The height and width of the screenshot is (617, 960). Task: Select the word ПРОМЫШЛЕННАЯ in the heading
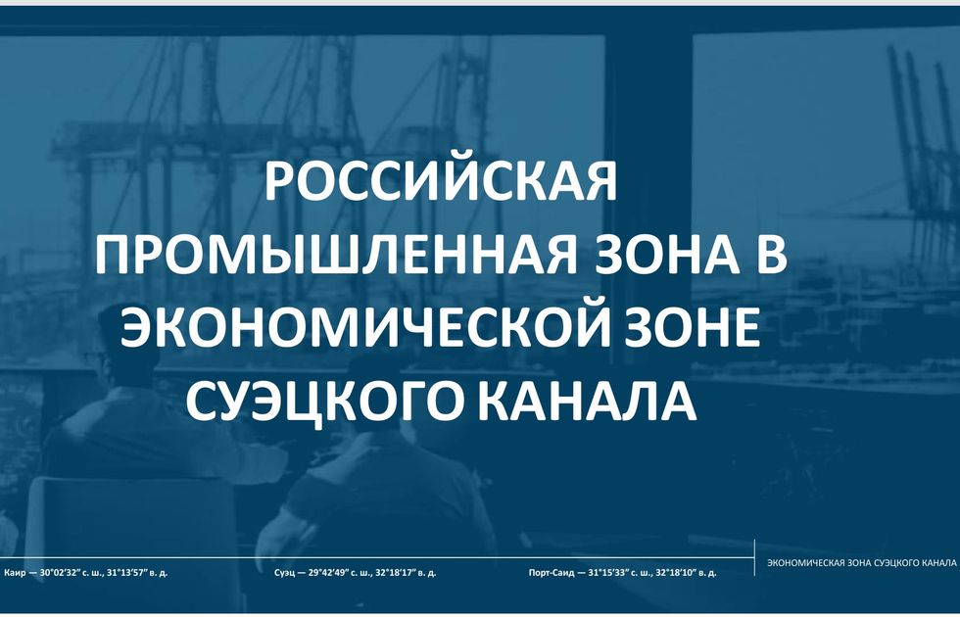[x=336, y=255]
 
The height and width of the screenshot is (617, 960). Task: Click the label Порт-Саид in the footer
[x=552, y=574]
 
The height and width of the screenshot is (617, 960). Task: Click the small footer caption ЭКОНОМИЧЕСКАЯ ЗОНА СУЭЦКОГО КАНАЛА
[x=861, y=562]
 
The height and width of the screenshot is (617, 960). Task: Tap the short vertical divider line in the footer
[x=754, y=557]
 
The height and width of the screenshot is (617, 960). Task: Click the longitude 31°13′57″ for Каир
[x=129, y=574]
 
